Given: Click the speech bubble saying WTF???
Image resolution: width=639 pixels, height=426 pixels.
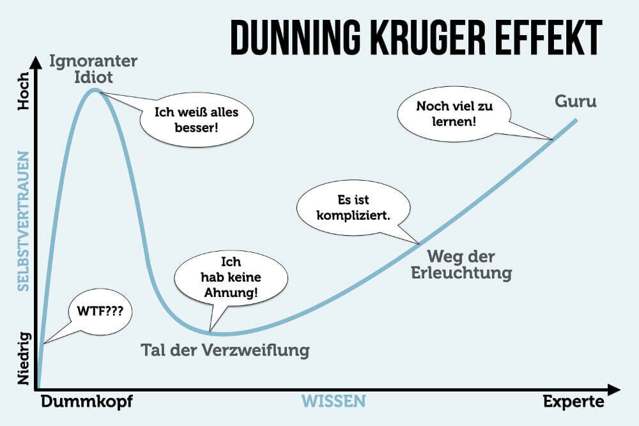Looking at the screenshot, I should point(96,312).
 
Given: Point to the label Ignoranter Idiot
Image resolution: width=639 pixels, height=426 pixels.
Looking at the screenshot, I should point(93,70).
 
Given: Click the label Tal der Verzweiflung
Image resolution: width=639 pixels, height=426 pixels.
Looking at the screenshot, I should point(225,350).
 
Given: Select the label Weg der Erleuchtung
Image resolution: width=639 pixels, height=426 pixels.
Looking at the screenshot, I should point(470,264).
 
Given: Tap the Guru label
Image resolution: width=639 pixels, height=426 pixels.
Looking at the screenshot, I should point(576,101).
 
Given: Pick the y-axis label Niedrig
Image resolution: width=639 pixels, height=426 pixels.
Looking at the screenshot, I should point(24,358).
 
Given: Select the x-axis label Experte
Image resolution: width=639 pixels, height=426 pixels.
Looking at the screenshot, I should point(573,401).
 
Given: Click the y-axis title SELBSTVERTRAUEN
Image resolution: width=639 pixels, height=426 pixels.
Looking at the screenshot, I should point(24,221).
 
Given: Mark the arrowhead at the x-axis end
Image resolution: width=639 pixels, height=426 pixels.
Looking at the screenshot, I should point(614,389).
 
